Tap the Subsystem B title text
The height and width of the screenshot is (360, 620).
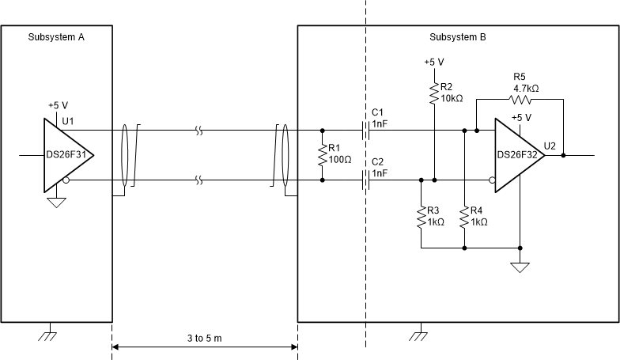458,37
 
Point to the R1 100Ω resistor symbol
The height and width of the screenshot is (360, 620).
322,155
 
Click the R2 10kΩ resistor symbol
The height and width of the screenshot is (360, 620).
433,94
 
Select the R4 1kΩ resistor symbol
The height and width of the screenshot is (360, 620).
463,217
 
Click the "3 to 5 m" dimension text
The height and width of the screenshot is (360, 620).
204,338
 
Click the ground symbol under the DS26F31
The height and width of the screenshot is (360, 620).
56,203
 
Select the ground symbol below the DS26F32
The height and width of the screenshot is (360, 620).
520,267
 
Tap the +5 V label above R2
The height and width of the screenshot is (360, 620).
433,62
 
